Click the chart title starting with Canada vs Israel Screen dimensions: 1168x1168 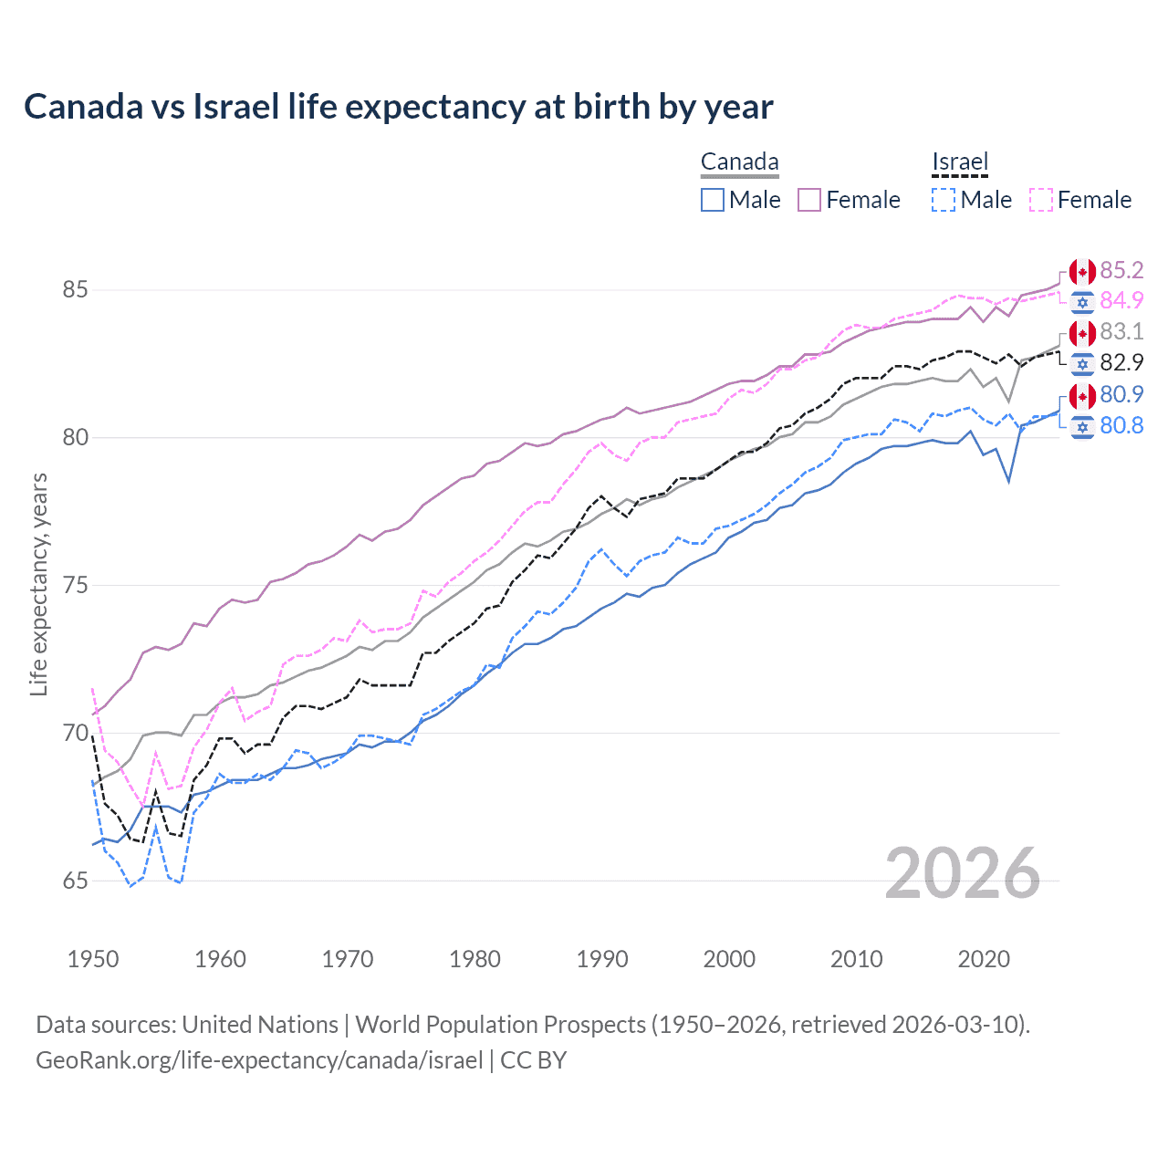pos(398,107)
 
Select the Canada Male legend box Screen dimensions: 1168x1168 pos(713,200)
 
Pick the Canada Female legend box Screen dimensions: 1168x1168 pos(809,200)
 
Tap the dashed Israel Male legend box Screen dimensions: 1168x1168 pos(944,200)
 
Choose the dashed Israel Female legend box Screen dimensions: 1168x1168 pos(1041,200)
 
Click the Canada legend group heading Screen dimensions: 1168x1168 pos(739,162)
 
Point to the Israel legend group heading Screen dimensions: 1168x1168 pos(960,162)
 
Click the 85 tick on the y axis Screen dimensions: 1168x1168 pos(75,290)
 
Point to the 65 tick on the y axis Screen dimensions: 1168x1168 pos(75,881)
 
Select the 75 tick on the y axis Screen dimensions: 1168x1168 pos(75,586)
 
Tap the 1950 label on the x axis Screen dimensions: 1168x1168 pos(93,959)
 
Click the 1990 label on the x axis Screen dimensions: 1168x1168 pos(602,959)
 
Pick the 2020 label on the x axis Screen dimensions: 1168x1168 pos(984,959)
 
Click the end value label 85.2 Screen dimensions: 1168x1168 pos(1121,271)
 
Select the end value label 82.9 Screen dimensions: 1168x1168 pos(1121,363)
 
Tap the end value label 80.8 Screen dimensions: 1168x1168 pos(1121,426)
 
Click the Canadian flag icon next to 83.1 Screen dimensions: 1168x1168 pos(1082,333)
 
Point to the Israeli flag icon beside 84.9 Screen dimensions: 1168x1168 pos(1082,302)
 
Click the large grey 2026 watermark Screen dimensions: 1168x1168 pos(962,874)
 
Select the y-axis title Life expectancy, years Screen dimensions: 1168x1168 pos(39,584)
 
